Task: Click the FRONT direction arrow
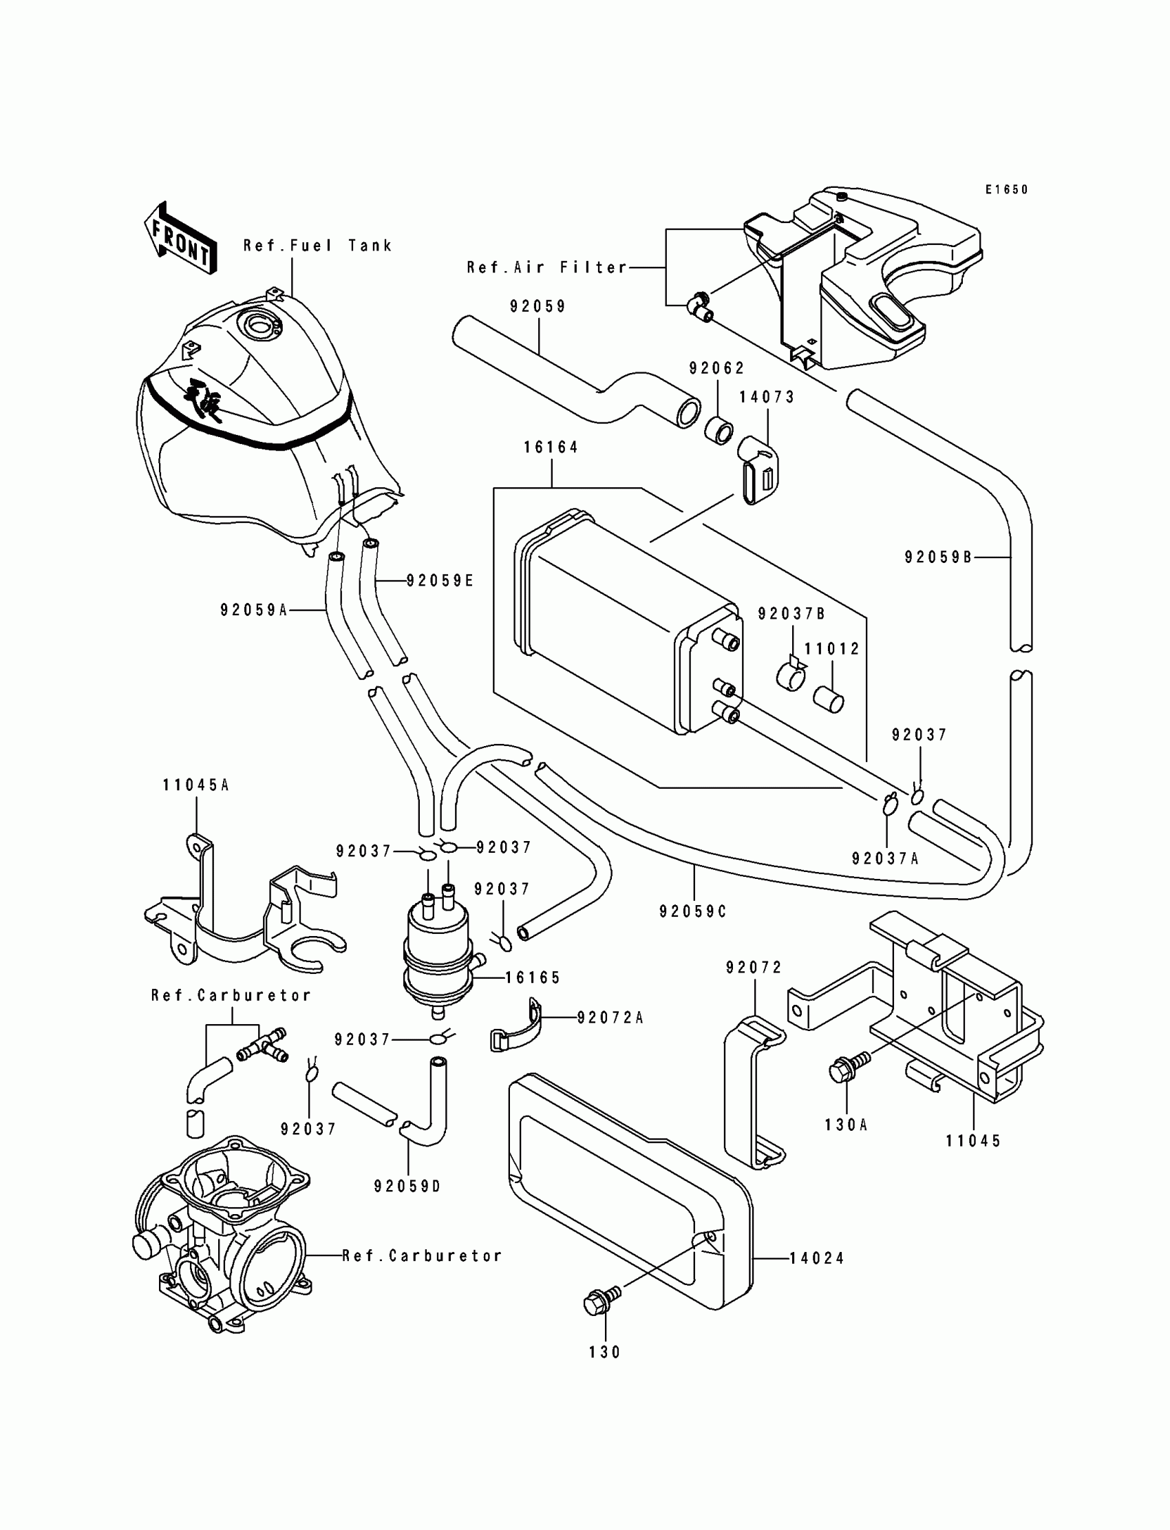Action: tap(180, 237)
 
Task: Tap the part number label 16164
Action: tap(551, 447)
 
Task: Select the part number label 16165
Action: tap(533, 978)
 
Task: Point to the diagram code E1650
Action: tap(1006, 189)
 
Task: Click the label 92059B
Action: tap(938, 557)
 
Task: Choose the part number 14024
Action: tap(817, 1258)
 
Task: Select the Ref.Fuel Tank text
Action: tap(317, 245)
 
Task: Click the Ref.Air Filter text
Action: tap(546, 268)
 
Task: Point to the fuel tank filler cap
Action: tap(258, 325)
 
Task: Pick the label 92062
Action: tap(717, 368)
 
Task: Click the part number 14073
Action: tap(767, 397)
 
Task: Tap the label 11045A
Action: tap(195, 785)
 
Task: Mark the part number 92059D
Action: tap(407, 1186)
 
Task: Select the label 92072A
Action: tap(610, 1018)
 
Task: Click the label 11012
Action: tap(832, 649)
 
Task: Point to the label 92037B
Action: tap(791, 613)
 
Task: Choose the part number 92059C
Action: tap(693, 911)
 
